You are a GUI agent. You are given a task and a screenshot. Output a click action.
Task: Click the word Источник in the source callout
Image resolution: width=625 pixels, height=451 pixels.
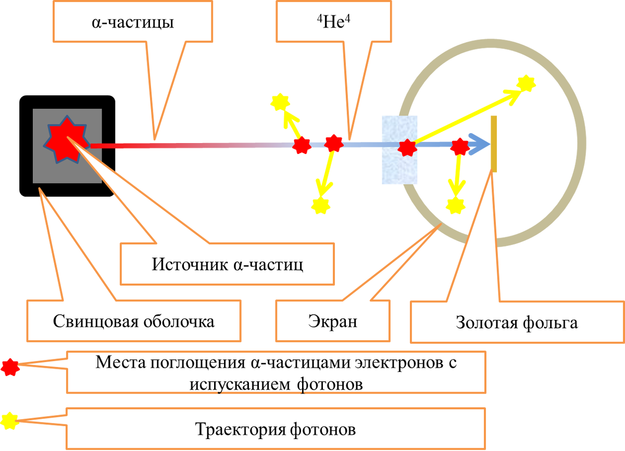pyautogui.click(x=188, y=264)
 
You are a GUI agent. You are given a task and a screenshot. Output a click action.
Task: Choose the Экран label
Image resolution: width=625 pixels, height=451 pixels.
pyautogui.click(x=332, y=321)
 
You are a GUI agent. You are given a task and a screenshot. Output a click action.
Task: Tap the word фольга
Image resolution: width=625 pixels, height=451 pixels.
pyautogui.click(x=552, y=323)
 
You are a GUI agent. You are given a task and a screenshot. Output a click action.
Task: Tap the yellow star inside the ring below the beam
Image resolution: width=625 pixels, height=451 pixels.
pyautogui.click(x=455, y=204)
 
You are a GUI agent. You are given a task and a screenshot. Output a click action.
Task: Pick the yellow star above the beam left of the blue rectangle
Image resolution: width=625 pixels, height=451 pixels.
pyautogui.click(x=280, y=101)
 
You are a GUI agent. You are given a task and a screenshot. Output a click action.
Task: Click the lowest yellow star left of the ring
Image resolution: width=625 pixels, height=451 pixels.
pyautogui.click(x=320, y=205)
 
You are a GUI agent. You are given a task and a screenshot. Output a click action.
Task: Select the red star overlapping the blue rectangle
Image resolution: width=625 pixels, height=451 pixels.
pyautogui.click(x=407, y=147)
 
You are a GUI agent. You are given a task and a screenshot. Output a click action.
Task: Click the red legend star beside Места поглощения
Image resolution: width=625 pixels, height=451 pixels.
pyautogui.click(x=9, y=367)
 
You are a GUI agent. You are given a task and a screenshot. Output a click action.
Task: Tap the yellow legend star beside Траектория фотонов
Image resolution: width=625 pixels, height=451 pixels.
pyautogui.click(x=9, y=420)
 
